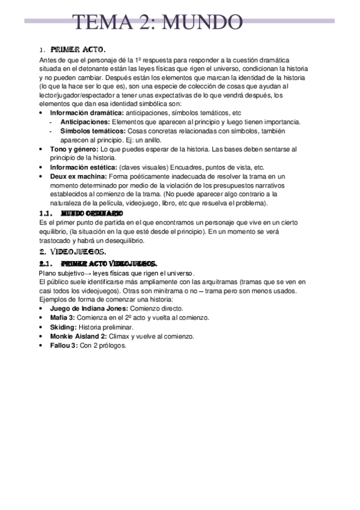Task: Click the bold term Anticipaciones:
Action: pos(85,121)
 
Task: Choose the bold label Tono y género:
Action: pos(75,149)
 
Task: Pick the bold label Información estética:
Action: pos(84,167)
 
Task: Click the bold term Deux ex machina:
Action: pos(78,176)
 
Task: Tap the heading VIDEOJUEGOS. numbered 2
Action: pos(78,251)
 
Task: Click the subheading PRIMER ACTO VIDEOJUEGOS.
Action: pos(109,263)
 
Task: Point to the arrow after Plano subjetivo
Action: pos(87,273)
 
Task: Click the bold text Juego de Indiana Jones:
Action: pos(89,308)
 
